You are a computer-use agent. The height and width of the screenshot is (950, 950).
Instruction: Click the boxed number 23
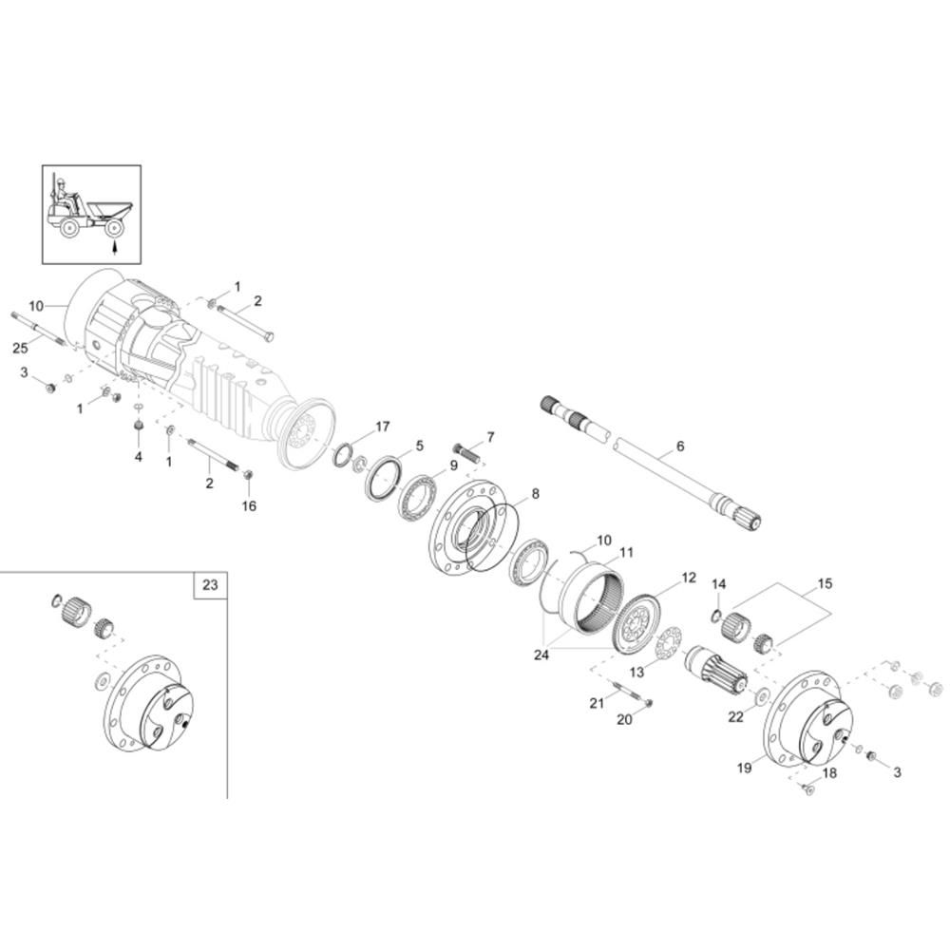click(210, 585)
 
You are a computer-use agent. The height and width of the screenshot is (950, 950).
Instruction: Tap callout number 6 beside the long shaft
click(679, 446)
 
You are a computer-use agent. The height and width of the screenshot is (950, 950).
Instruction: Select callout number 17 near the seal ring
click(382, 427)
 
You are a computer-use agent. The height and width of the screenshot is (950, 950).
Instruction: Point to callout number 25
click(20, 349)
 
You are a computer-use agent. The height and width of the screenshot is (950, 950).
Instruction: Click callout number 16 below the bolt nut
click(249, 505)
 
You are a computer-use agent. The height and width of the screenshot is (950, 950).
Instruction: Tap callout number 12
click(689, 578)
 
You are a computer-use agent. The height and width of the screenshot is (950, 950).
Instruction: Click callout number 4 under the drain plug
click(138, 457)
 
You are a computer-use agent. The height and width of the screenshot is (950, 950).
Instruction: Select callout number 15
click(824, 582)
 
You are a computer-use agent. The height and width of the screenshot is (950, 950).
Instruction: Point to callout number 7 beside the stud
click(490, 437)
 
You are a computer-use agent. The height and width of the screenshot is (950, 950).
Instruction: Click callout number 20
click(624, 720)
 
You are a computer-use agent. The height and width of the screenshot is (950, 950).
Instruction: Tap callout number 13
click(636, 672)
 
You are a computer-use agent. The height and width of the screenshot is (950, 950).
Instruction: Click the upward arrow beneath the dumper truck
click(113, 248)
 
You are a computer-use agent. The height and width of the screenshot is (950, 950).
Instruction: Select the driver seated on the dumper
click(64, 195)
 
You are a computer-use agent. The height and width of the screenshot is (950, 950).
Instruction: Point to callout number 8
click(535, 494)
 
